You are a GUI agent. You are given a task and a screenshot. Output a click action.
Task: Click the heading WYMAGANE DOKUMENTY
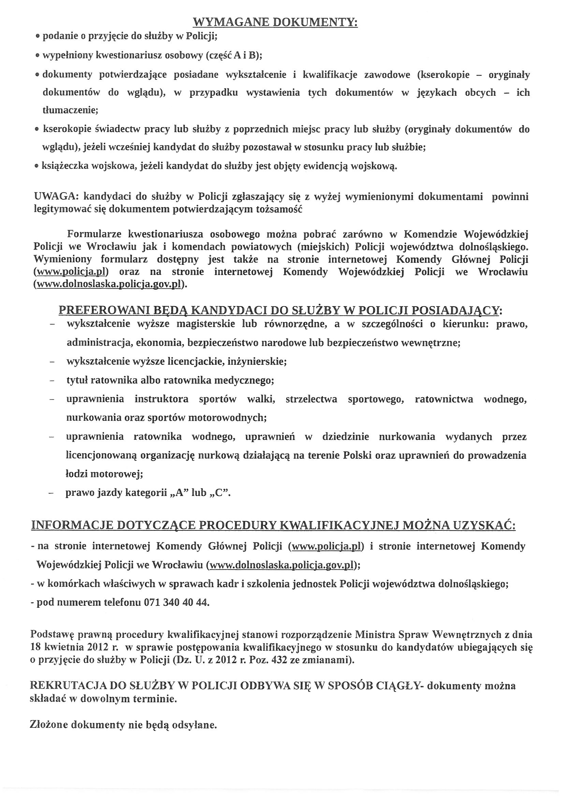275,22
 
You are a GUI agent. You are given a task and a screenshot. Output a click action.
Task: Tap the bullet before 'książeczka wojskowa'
37,167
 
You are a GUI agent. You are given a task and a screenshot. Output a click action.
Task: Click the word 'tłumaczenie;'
71,110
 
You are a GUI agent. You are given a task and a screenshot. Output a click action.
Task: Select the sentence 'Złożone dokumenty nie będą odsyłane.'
124,724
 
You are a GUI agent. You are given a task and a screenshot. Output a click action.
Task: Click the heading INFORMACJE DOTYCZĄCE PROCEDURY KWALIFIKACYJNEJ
273,525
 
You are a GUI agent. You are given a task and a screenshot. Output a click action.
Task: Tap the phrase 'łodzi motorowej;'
105,473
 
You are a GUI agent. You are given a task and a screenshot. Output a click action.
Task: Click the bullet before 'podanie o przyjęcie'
38,36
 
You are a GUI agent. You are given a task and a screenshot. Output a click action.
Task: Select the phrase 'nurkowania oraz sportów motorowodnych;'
167,417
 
